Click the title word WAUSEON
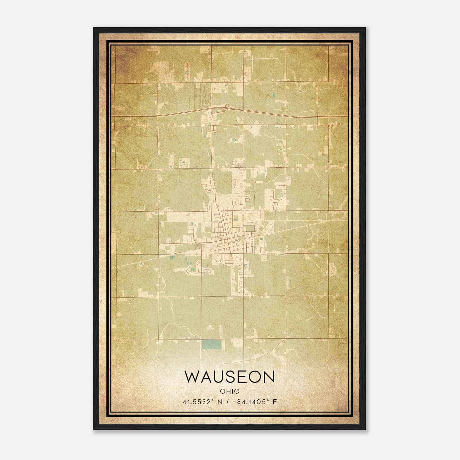230,377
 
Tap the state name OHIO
230,391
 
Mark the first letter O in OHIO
223,391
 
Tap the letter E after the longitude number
275,402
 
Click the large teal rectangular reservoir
212,344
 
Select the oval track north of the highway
207,99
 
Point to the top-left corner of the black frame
94,28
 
